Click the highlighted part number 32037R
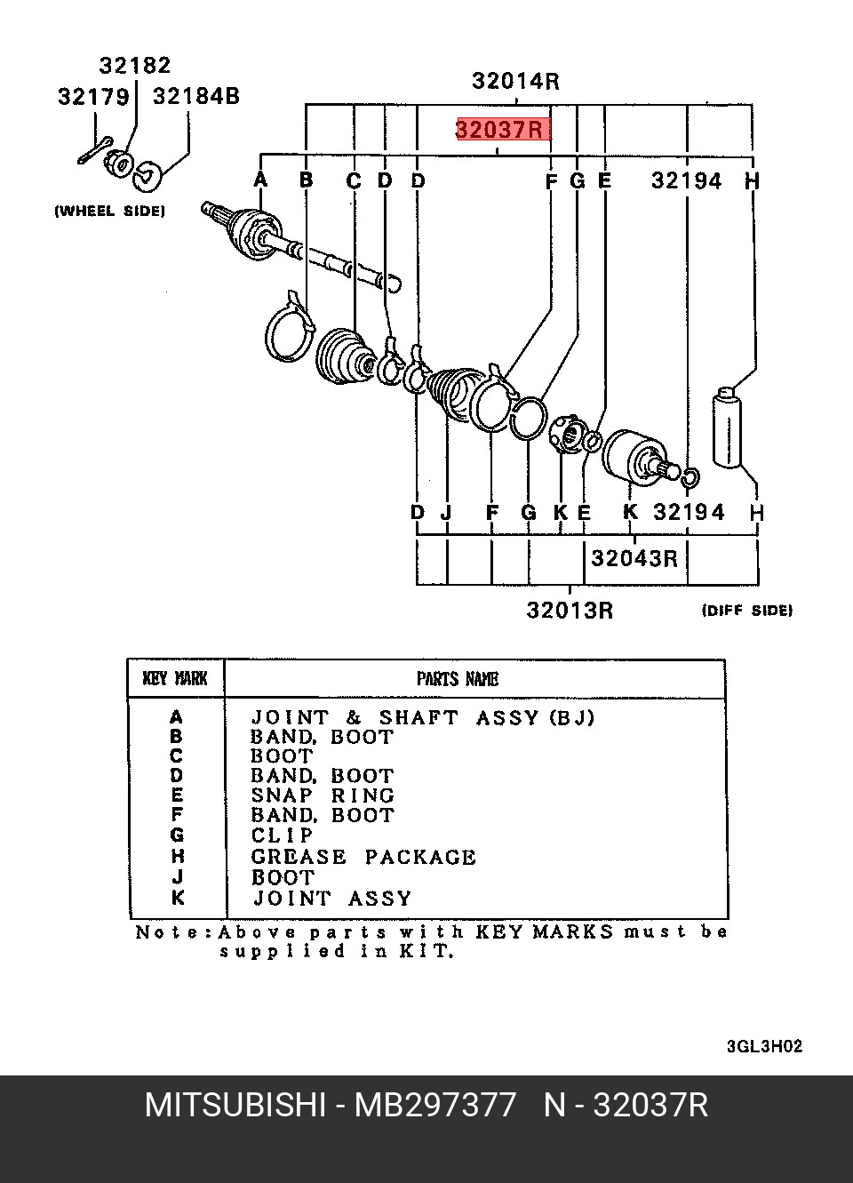[x=499, y=130]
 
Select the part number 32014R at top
[x=515, y=82]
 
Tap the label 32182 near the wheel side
[x=135, y=66]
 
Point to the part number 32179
[x=93, y=97]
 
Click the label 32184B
[x=196, y=97]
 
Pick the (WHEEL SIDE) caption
[x=110, y=212]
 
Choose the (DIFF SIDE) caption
[x=747, y=611]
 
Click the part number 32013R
[x=570, y=611]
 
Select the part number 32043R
[x=634, y=558]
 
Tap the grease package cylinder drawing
[x=727, y=428]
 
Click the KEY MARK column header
[x=175, y=679]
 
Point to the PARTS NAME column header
[x=458, y=679]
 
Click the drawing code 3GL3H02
[x=764, y=1046]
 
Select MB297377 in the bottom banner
[x=434, y=1106]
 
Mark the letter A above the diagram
[x=260, y=180]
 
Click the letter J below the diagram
[x=447, y=512]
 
